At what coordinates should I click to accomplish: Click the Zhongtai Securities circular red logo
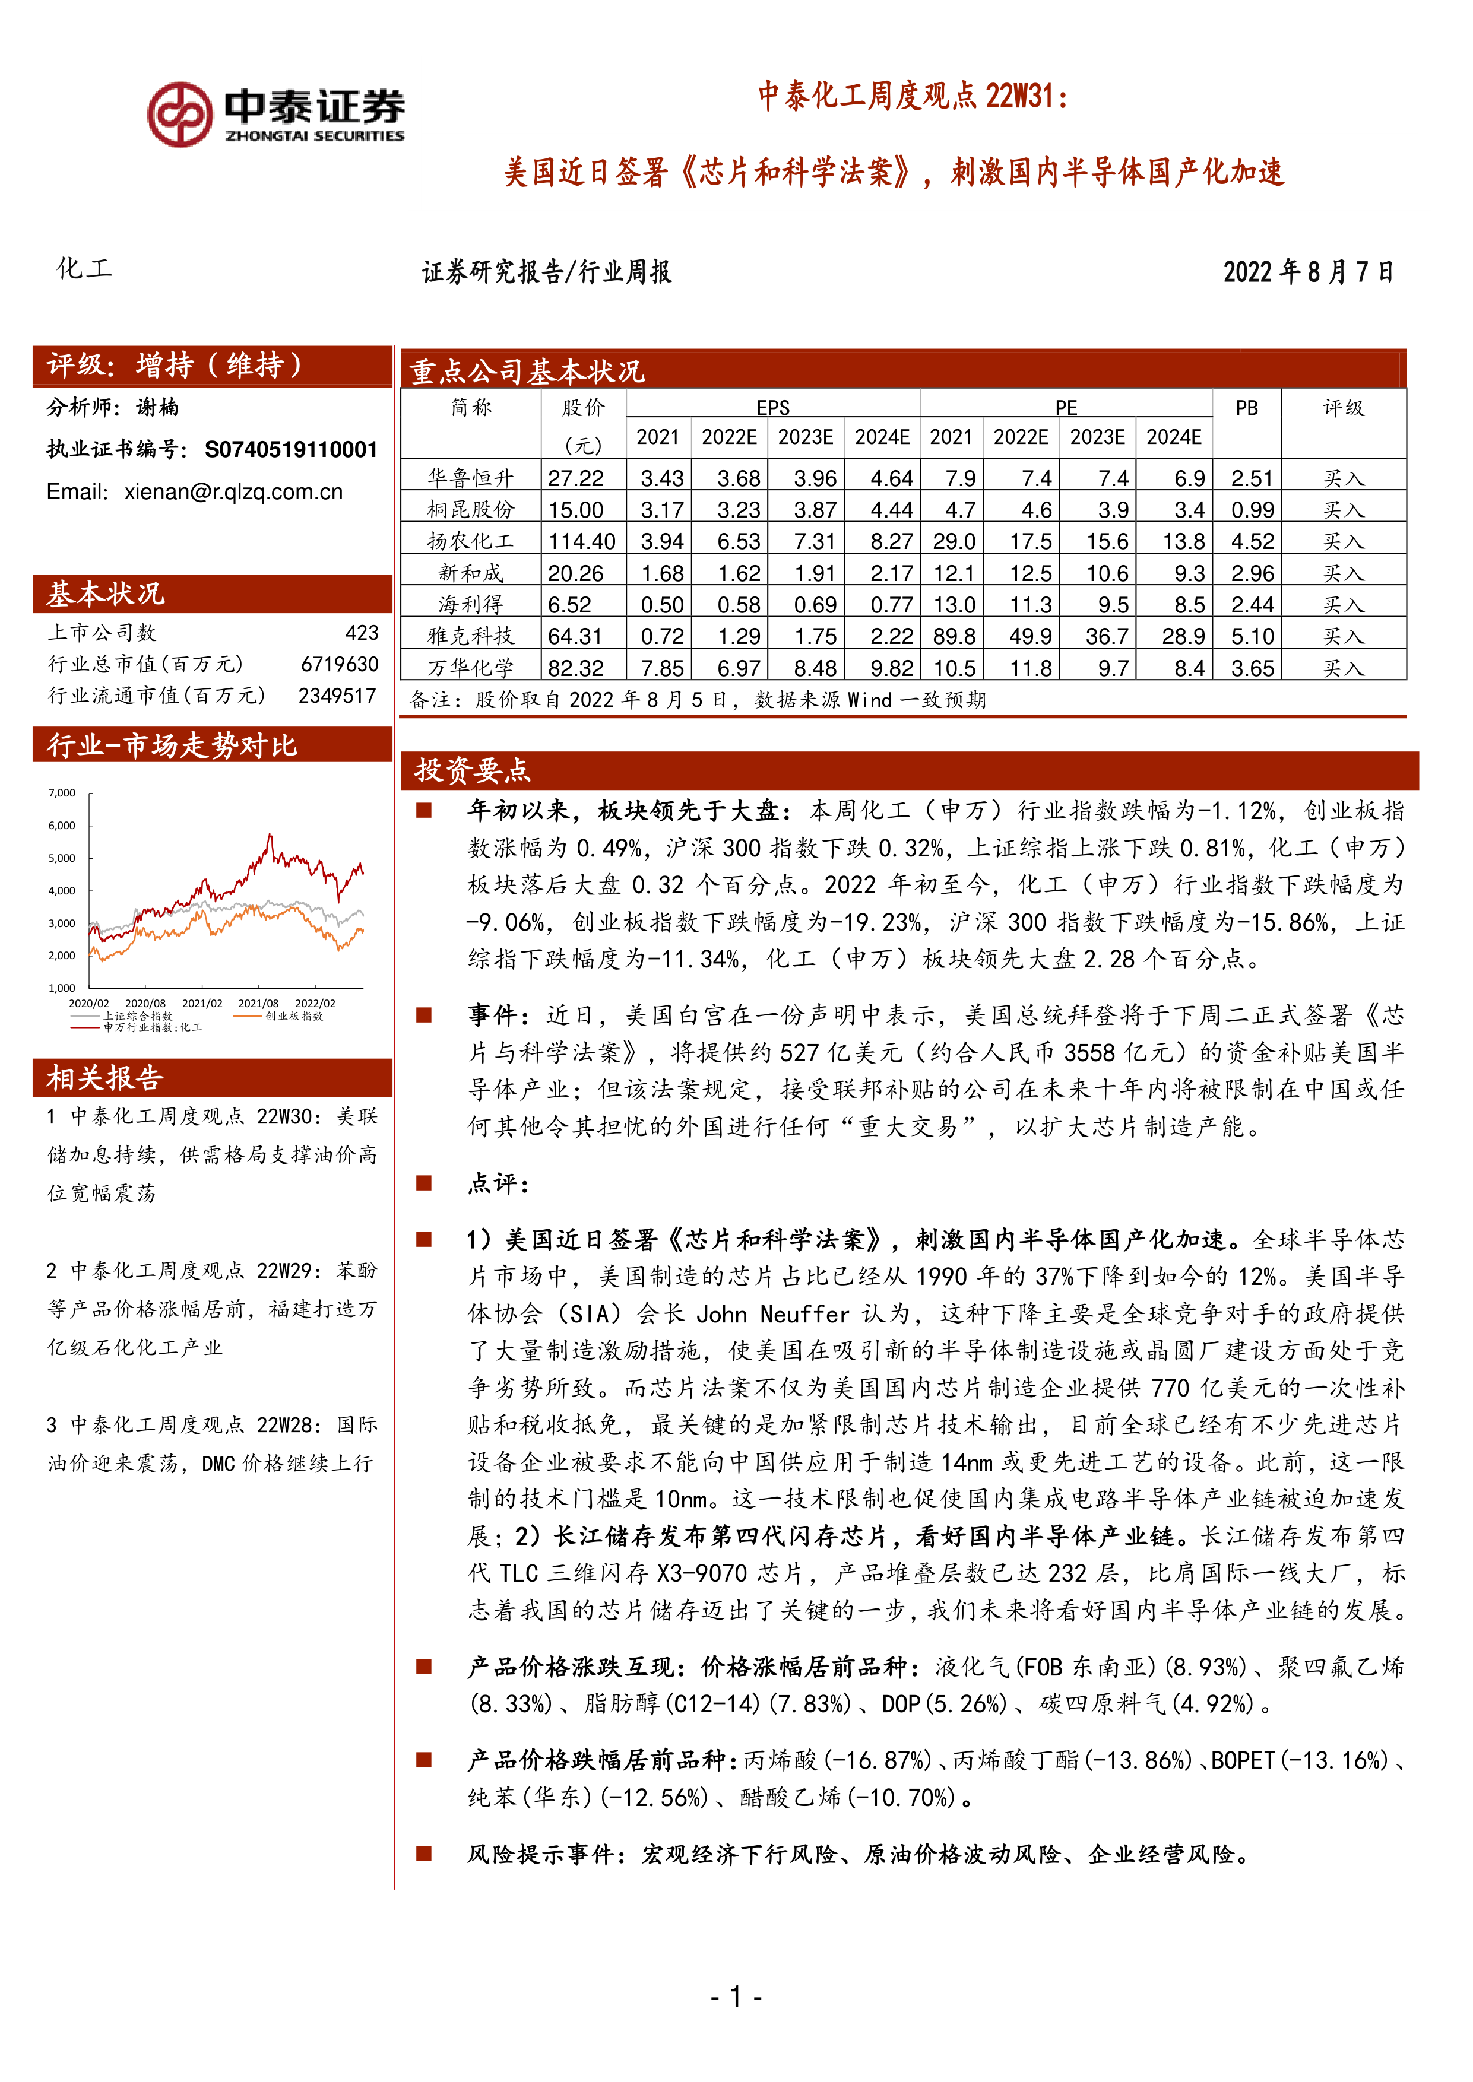tap(180, 115)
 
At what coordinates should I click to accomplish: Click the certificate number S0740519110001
tap(290, 450)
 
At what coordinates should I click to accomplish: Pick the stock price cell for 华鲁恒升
tap(576, 478)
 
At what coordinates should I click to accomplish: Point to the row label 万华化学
tap(471, 668)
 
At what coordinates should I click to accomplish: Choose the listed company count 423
tap(361, 633)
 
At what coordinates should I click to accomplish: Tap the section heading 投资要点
tap(473, 771)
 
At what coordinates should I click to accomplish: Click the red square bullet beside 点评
tap(423, 1182)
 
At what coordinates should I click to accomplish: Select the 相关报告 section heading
tap(104, 1078)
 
